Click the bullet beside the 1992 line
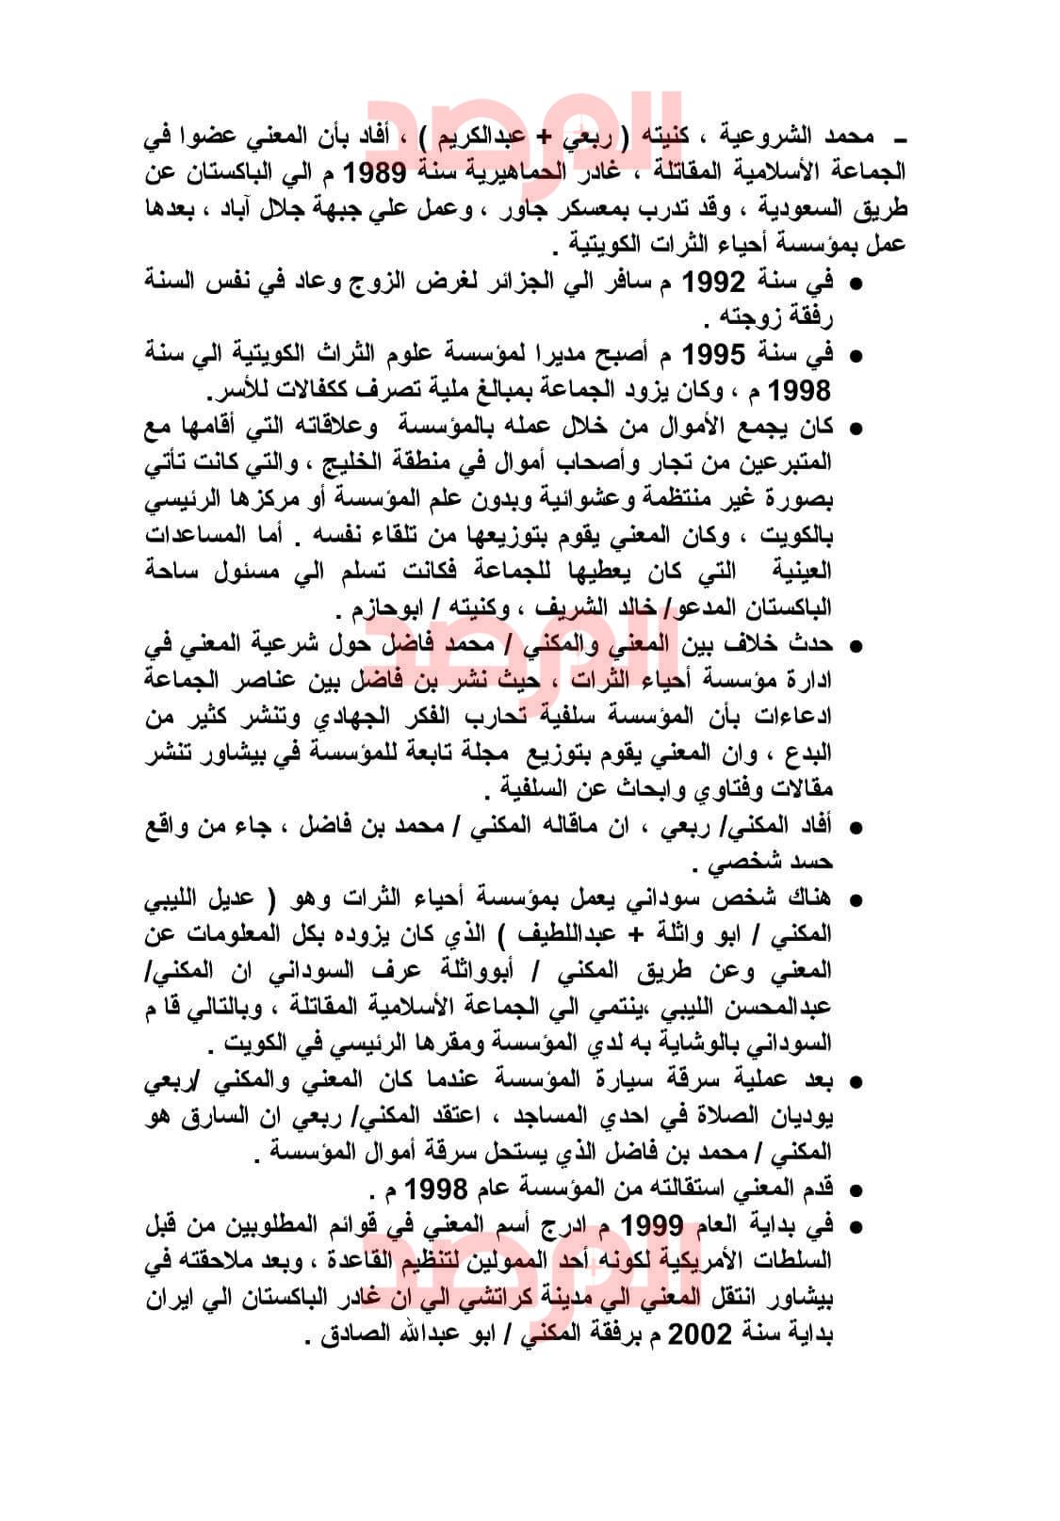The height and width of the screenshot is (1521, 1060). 856,283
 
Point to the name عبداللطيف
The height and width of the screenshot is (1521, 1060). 551,933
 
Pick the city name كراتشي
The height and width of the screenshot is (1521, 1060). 477,1298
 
